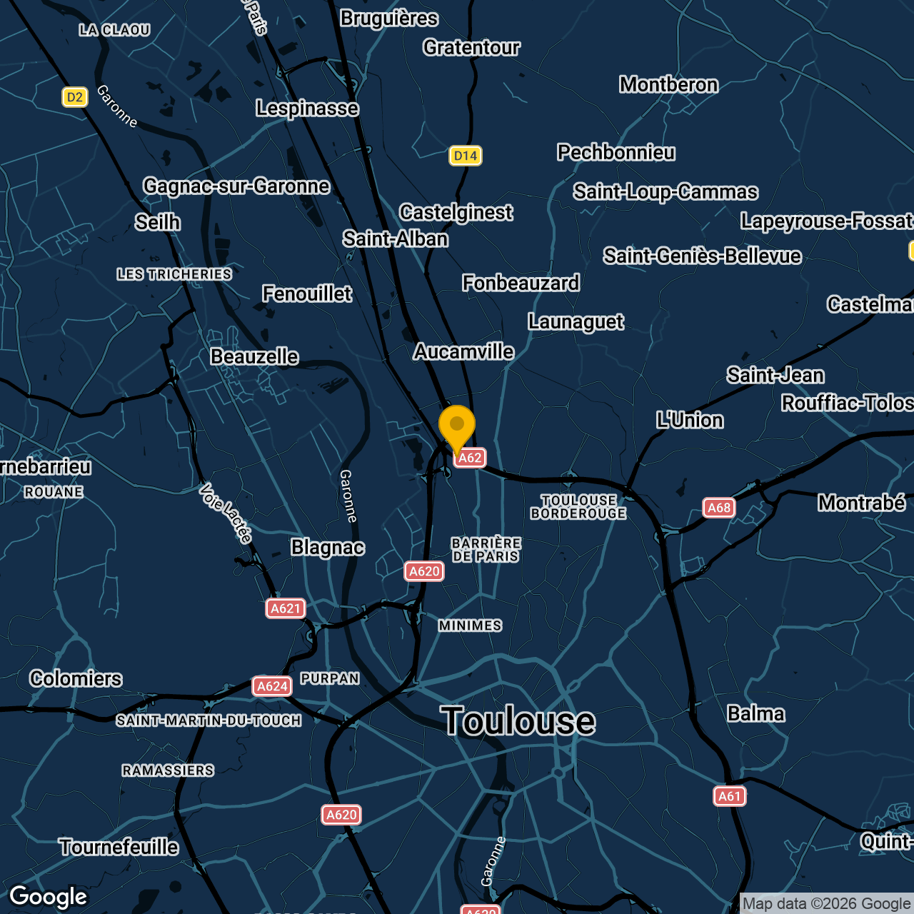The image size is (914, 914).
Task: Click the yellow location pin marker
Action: [x=457, y=427]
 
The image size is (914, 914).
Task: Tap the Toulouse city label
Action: [x=518, y=720]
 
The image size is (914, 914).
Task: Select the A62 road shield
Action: [x=470, y=458]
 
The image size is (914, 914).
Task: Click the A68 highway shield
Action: [x=719, y=508]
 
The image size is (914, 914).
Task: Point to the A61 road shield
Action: [x=730, y=796]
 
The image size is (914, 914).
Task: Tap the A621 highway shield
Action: [x=286, y=608]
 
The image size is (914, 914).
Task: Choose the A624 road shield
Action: [x=272, y=686]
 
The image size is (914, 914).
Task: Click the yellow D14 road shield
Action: [x=466, y=156]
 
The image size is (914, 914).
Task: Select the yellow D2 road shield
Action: [x=75, y=97]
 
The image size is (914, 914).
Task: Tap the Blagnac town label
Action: [x=328, y=548]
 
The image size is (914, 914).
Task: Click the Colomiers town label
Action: [x=76, y=678]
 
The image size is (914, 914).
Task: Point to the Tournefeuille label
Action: [x=119, y=847]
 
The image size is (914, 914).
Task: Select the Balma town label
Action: [x=755, y=713]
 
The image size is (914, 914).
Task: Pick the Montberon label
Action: [x=668, y=84]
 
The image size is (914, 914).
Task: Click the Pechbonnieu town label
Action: [x=616, y=152]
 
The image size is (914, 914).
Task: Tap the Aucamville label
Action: [x=463, y=351]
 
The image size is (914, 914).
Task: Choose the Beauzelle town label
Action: [x=254, y=356]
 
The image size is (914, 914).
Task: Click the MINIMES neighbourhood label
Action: [x=470, y=626]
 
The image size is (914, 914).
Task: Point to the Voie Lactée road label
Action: [x=226, y=513]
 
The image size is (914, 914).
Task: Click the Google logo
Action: [x=49, y=897]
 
